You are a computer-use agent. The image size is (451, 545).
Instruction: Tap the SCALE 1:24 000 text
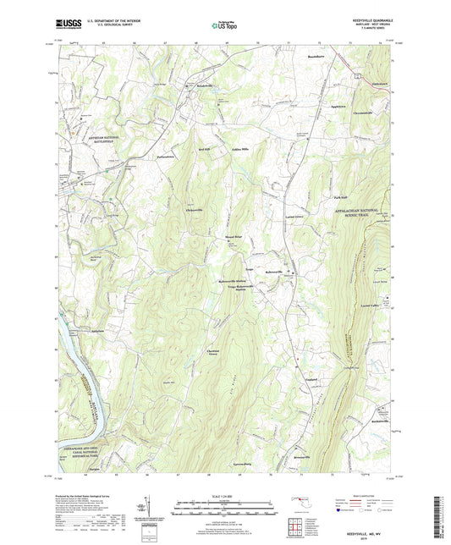coord(225,497)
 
